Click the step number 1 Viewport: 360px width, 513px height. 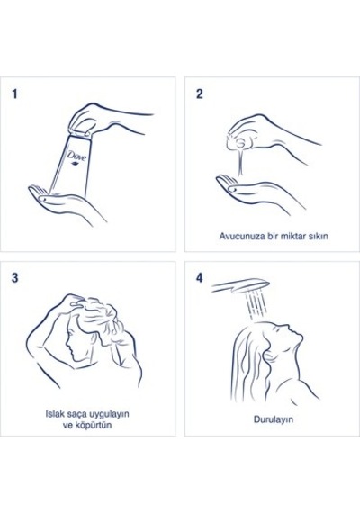[x=14, y=94]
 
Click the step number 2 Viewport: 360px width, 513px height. [x=200, y=94]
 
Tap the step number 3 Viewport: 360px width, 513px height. [x=15, y=278]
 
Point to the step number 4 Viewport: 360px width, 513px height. [x=200, y=278]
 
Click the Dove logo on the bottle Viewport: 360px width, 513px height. [x=77, y=157]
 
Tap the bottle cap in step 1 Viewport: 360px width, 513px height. [x=80, y=133]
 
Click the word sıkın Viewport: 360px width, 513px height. [x=318, y=236]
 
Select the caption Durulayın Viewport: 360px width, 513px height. [x=274, y=419]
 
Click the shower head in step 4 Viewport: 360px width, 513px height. [x=241, y=286]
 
